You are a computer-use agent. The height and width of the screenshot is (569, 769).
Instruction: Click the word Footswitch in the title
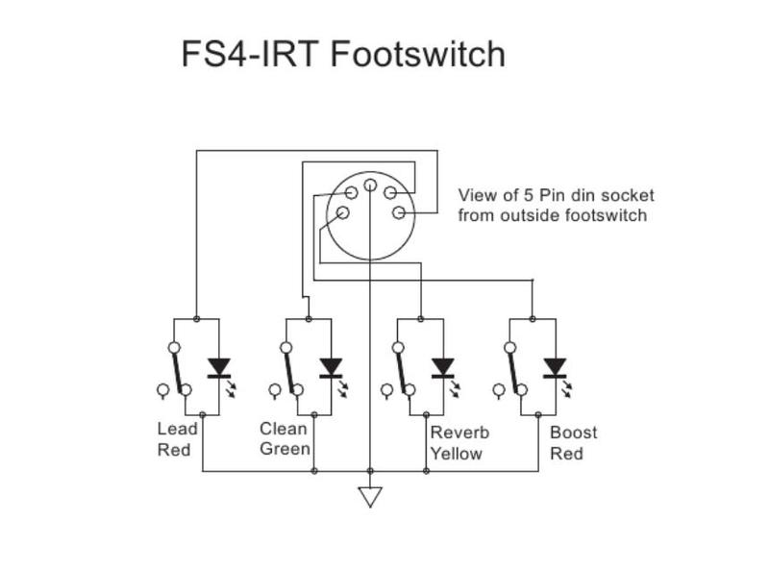click(418, 54)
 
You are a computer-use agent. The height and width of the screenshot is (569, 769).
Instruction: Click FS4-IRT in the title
click(251, 54)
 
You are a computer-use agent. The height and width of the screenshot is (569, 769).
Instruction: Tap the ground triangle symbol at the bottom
click(370, 497)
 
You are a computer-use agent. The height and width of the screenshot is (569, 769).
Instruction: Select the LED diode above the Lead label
click(220, 368)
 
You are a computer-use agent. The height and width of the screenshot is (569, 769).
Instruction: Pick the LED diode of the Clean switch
click(332, 368)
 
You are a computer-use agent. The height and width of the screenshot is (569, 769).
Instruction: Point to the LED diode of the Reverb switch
click(443, 368)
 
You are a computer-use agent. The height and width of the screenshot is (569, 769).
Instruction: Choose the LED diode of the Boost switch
click(555, 368)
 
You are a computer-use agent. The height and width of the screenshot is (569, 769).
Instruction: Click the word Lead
click(177, 430)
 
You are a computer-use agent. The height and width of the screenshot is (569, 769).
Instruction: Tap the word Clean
click(284, 429)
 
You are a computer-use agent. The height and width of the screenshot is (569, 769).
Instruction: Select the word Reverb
click(459, 433)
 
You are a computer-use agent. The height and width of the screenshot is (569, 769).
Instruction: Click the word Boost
click(573, 433)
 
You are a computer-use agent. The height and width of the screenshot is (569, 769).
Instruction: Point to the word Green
click(285, 450)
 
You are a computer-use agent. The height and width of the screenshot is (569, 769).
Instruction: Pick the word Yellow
click(456, 454)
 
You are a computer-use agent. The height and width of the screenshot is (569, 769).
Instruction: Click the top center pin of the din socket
click(370, 184)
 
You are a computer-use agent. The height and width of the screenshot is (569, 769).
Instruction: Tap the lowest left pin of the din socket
click(339, 213)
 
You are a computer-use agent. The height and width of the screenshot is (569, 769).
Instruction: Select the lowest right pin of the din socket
click(399, 212)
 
